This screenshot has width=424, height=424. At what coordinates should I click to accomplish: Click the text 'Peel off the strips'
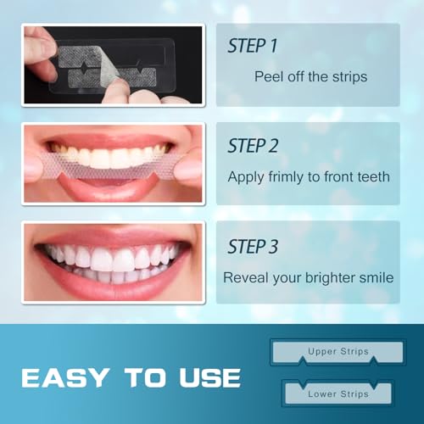[x=310, y=76]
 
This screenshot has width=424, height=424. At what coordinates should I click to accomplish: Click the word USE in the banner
[x=206, y=377]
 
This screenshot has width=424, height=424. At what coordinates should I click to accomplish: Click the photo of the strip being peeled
[x=113, y=64]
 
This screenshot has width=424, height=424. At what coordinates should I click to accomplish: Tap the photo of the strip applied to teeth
[x=113, y=165]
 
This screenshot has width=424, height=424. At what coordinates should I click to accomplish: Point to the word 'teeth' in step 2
[x=372, y=177]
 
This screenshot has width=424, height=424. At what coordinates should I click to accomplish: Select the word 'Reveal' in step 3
[x=245, y=277]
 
